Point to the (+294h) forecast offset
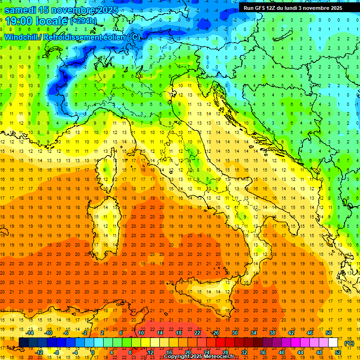[83, 21]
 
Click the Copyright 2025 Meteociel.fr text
[199, 357]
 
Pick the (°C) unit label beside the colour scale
[349, 343]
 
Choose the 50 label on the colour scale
[328, 333]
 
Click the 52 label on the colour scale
[338, 352]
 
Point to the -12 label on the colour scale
[39, 352]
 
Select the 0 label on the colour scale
[93, 352]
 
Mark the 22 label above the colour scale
[197, 333]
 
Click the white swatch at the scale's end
[333, 342]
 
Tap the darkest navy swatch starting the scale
[23, 342]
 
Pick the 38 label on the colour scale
[272, 333]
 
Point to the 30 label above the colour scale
[235, 333]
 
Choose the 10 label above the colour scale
[141, 333]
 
